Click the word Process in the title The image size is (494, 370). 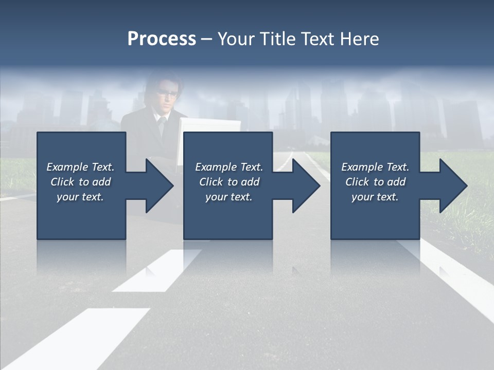point(162,39)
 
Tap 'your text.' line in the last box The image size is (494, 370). point(375,197)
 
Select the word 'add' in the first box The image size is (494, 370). point(101,182)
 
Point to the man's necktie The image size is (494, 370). point(162,126)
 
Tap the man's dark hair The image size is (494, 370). point(164,82)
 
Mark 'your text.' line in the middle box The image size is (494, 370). point(228,197)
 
